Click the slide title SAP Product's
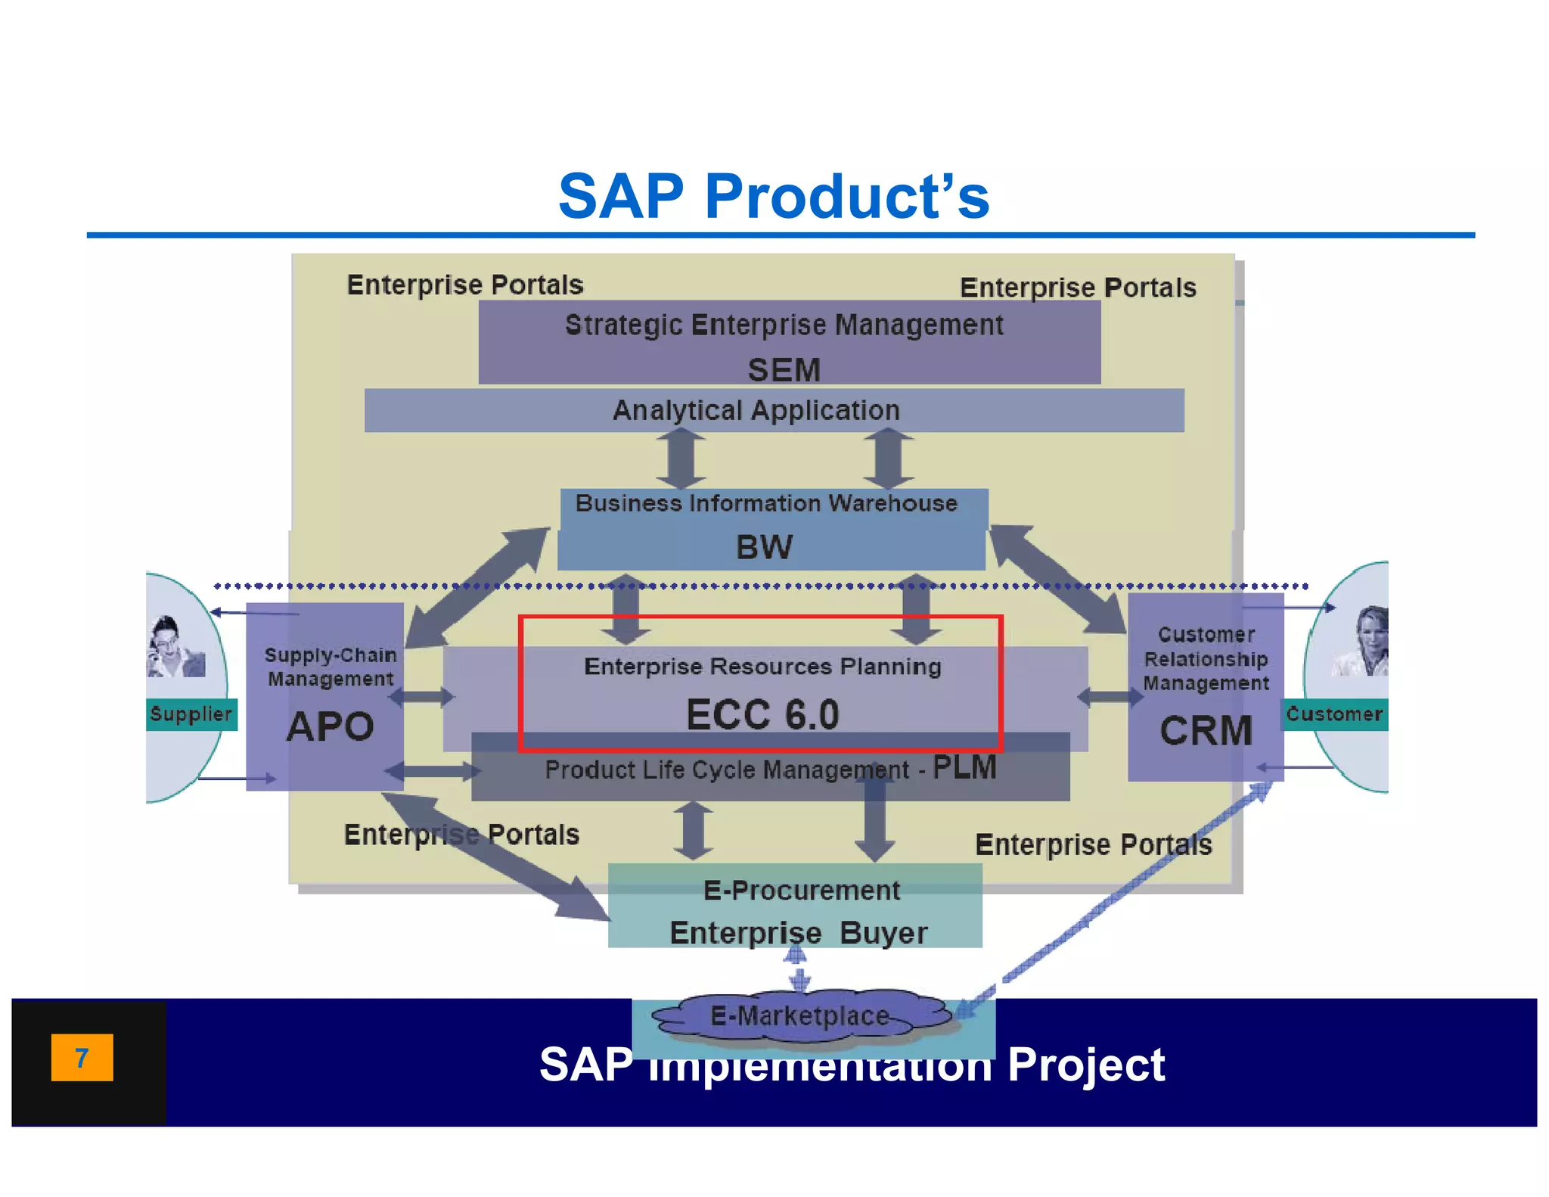tap(773, 196)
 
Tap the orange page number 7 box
tap(82, 1057)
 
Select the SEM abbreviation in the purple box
tap(784, 370)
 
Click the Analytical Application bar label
tap(756, 410)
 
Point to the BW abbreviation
tap(764, 547)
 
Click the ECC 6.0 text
tap(762, 715)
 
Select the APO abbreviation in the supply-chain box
tap(330, 727)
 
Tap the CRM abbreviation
tap(1206, 731)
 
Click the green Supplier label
tap(191, 714)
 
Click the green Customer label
tap(1334, 714)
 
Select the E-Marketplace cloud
tap(800, 1016)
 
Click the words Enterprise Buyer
tap(798, 933)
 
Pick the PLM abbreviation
tap(964, 767)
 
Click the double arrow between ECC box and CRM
tap(1109, 696)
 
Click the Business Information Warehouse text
tap(766, 503)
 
